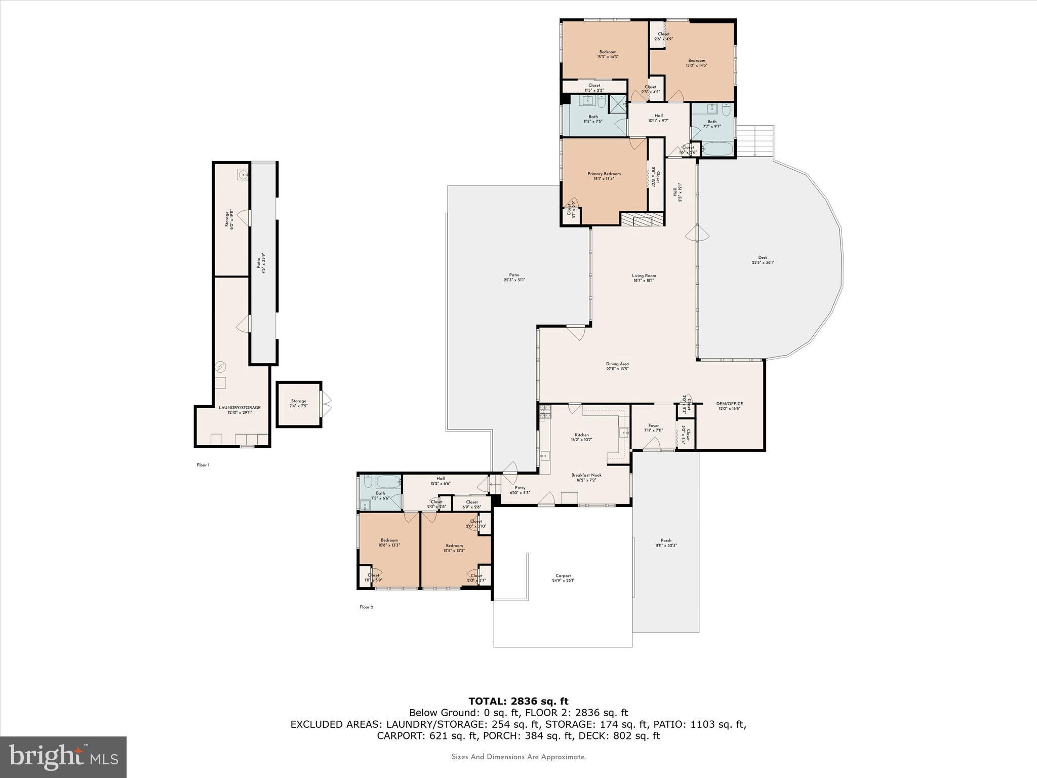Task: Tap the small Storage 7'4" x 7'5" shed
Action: coord(299,404)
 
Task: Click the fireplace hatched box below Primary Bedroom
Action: coord(642,219)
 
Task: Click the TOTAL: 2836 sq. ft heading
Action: coord(518,701)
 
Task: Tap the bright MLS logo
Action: coord(63,757)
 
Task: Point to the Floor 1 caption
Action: coord(203,465)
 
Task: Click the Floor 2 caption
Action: coord(366,607)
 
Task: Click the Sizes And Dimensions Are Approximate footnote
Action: coord(518,757)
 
